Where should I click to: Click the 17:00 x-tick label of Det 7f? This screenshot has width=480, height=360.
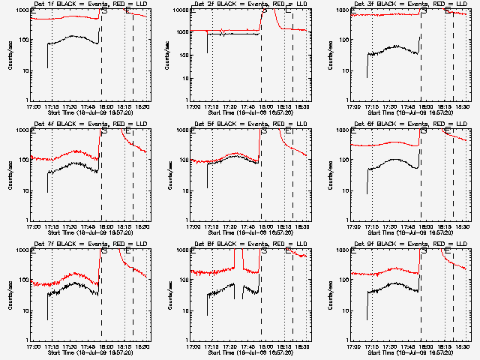coord(33,346)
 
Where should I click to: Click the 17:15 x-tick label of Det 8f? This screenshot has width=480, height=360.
coord(211,346)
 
